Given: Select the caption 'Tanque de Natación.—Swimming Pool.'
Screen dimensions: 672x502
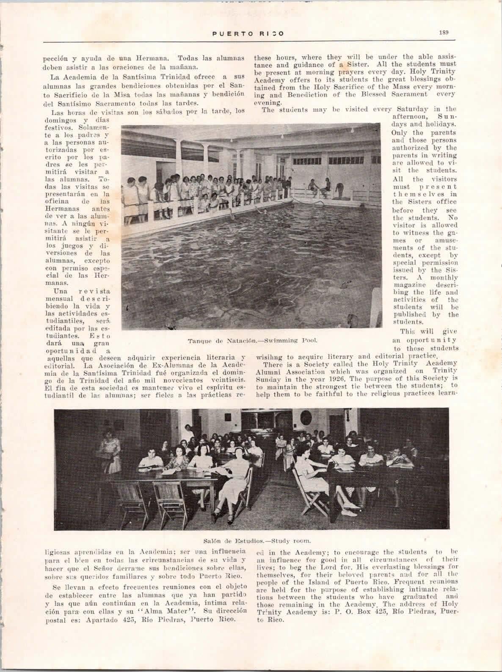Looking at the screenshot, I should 253,339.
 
